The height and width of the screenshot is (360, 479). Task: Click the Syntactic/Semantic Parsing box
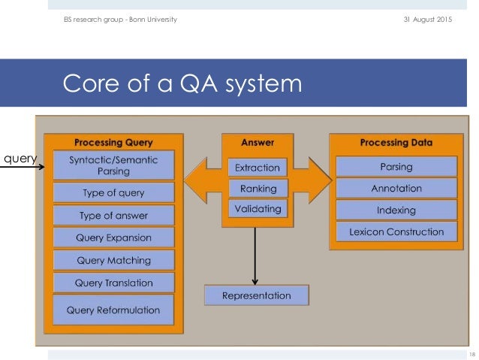[x=113, y=165]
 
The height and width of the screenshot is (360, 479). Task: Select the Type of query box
[x=113, y=192]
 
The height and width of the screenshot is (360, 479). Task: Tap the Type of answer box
[x=113, y=216]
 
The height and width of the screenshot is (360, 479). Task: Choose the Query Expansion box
[x=113, y=238]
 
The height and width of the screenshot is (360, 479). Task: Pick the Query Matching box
[x=113, y=261]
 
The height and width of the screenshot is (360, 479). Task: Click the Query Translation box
[x=113, y=283]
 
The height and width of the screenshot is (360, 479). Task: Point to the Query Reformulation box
[x=113, y=310]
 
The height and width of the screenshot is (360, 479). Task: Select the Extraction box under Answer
[x=258, y=168]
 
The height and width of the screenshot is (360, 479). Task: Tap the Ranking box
[x=258, y=189]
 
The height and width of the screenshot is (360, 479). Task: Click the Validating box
[x=258, y=209]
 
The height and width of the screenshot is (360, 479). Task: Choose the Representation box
[x=257, y=296]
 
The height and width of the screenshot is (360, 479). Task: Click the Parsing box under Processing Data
[x=396, y=166]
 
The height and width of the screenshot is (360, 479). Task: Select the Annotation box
[x=396, y=188]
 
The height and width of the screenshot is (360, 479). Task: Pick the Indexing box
[x=396, y=210]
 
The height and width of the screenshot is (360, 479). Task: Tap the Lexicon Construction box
[x=396, y=232]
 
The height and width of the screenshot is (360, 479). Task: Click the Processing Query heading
[x=113, y=142]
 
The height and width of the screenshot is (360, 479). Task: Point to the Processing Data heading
[x=396, y=142]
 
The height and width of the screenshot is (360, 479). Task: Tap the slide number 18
[x=471, y=354]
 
